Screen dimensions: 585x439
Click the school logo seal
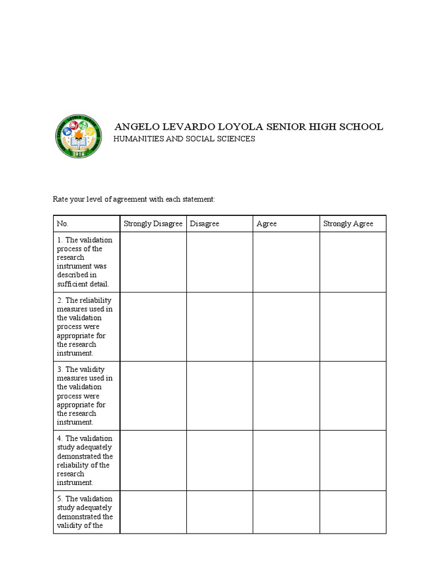(79, 136)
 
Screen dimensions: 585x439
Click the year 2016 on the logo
(79, 154)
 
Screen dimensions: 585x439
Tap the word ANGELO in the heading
(135, 127)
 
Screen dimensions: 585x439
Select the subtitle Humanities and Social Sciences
(185, 139)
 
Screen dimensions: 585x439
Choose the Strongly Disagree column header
(153, 223)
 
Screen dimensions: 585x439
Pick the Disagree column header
(205, 223)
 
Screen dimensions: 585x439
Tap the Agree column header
(266, 223)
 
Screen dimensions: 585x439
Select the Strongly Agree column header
(348, 223)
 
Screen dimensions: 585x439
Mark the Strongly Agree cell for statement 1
(353, 262)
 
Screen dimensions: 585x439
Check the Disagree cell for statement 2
(219, 327)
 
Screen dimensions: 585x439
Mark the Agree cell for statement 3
(286, 396)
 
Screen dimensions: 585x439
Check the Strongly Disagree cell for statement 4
(153, 460)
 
